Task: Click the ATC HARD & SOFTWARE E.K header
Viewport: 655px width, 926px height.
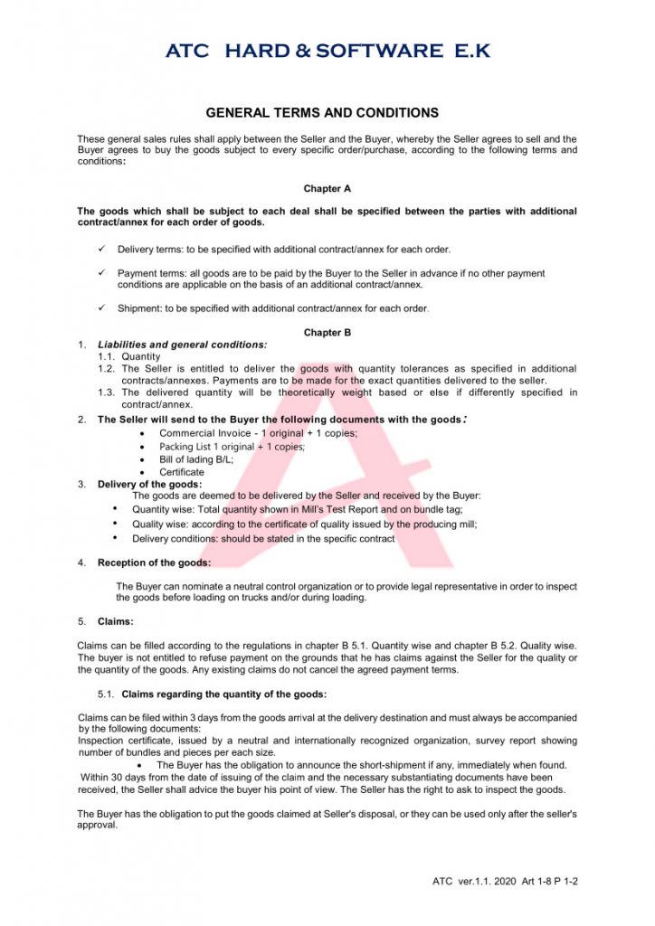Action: pos(327,51)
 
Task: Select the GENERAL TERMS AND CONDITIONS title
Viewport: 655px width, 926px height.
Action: pos(322,113)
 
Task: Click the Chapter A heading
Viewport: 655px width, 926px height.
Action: pos(327,189)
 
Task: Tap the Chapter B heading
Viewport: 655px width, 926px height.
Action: pos(327,333)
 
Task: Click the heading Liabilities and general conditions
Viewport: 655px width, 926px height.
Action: pos(182,345)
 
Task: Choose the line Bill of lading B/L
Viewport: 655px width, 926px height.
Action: pos(196,459)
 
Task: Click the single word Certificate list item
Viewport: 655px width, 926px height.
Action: pos(182,472)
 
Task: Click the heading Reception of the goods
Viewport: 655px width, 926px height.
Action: pos(154,562)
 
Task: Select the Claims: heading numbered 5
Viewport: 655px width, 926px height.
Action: pos(115,621)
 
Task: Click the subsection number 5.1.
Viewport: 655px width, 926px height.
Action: pos(107,694)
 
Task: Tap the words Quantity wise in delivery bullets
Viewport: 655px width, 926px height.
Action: pos(162,508)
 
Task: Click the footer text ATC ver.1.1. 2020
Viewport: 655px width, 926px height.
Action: pos(474,881)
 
